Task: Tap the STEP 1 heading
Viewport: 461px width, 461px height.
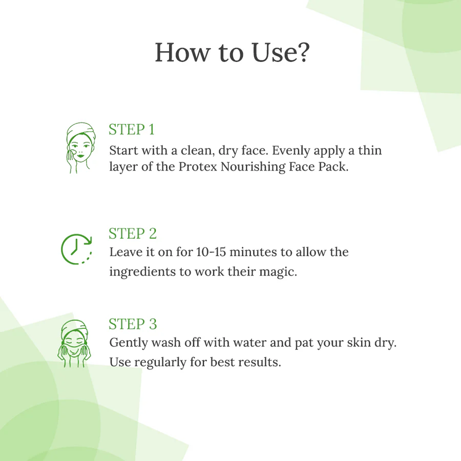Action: pyautogui.click(x=132, y=130)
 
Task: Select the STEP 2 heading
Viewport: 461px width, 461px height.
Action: pyautogui.click(x=133, y=234)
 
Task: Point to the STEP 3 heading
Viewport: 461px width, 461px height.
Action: pyautogui.click(x=133, y=324)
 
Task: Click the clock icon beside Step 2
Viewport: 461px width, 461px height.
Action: pyautogui.click(x=62, y=249)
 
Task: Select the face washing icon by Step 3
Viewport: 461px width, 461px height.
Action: pyautogui.click(x=74, y=343)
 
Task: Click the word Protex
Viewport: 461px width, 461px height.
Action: pyautogui.click(x=198, y=166)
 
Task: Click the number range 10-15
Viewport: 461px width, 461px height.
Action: pyautogui.click(x=211, y=252)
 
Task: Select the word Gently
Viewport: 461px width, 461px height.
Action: pyautogui.click(x=129, y=343)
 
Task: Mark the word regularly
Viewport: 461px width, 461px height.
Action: pyautogui.click(x=160, y=363)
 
